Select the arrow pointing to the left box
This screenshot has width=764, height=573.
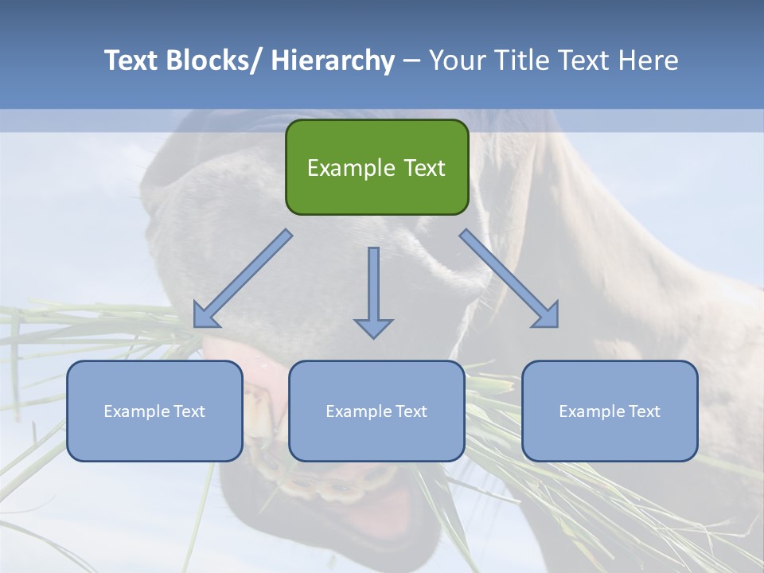pyautogui.click(x=243, y=279)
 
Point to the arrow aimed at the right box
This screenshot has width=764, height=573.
pyautogui.click(x=509, y=279)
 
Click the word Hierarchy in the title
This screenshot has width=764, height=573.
pyautogui.click(x=333, y=60)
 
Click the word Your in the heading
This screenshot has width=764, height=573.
pyautogui.click(x=455, y=60)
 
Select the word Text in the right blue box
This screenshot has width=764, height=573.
pyautogui.click(x=643, y=411)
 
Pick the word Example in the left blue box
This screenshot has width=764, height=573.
pyautogui.click(x=137, y=411)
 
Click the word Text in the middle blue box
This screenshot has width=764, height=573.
pyautogui.click(x=410, y=411)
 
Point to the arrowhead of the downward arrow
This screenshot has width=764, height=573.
pyautogui.click(x=373, y=328)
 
